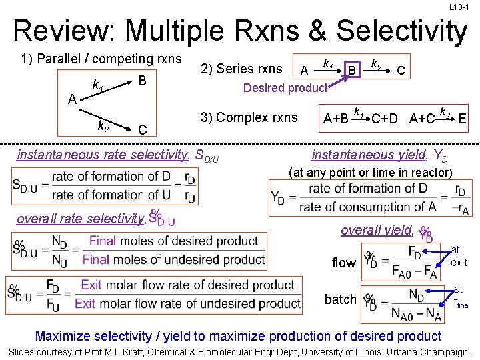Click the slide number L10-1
[x=459, y=7]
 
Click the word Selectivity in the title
[x=402, y=31]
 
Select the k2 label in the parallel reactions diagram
[x=103, y=125]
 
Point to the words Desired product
[x=285, y=87]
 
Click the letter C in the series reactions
[x=401, y=69]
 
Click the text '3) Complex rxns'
[x=249, y=118]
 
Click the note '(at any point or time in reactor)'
[x=371, y=173]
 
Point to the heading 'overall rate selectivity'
[x=81, y=219]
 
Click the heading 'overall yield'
[x=376, y=230]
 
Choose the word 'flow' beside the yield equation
[x=343, y=263]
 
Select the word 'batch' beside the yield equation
[x=341, y=299]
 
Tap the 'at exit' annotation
[x=459, y=256]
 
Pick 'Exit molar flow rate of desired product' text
[x=187, y=285]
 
